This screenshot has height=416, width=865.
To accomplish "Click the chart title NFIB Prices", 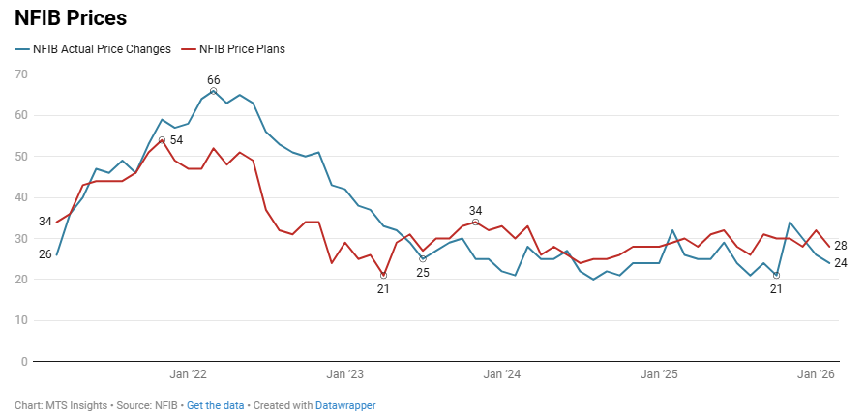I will point(71,17).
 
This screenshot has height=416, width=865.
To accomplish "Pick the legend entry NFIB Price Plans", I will point(241,48).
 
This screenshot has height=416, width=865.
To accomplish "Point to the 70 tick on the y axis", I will point(20,74).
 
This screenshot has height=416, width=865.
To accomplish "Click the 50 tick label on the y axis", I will point(20,157).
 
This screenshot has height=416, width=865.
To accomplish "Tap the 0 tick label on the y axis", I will point(23,362).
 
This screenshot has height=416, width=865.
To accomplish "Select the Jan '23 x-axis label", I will point(344,373).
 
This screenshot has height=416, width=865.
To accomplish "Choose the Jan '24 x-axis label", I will point(501,373).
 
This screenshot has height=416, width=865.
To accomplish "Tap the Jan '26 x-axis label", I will point(815,373).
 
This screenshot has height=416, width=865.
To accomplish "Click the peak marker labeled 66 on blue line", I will point(214,91).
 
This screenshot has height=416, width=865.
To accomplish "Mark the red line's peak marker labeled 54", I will point(162,140).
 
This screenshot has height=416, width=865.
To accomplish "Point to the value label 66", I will point(214,79).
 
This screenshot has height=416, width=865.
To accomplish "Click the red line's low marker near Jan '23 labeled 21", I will point(384,276).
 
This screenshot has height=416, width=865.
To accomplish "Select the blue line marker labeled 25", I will point(423,259).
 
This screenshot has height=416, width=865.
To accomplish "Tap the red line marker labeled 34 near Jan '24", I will point(475,223).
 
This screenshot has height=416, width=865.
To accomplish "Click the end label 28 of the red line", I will point(841,246).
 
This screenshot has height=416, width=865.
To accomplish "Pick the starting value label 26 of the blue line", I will point(45,254).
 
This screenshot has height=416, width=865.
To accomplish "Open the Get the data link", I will point(215,405).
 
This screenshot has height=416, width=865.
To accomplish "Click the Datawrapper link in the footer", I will point(345,405).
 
